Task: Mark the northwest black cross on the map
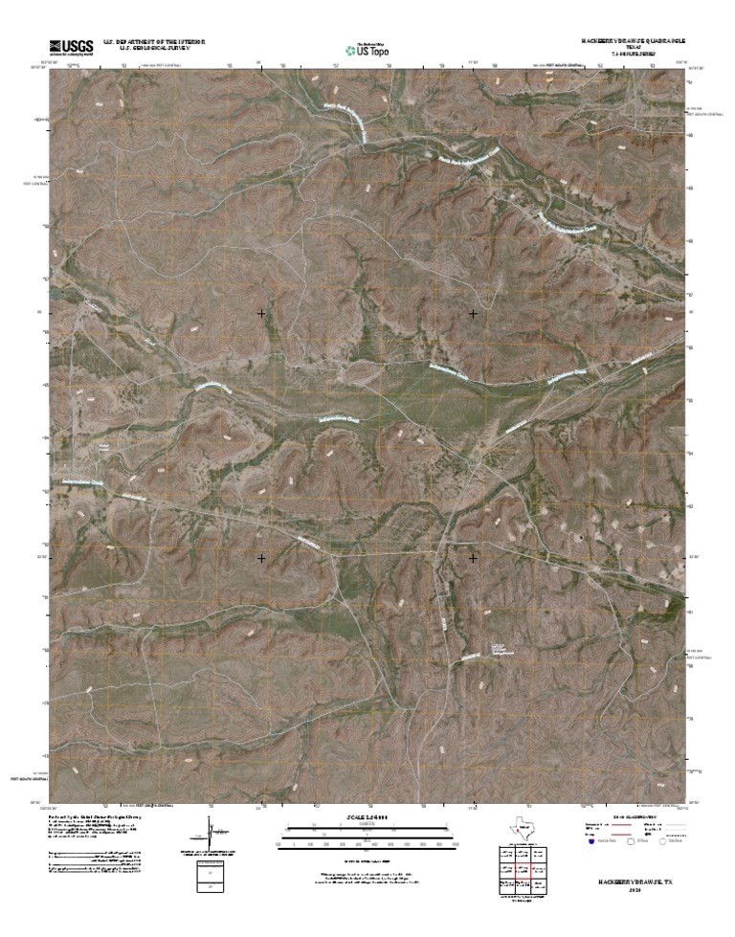click(261, 313)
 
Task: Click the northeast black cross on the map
click(473, 313)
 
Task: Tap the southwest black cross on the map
click(261, 556)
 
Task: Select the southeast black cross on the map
click(473, 556)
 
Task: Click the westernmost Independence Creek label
click(84, 483)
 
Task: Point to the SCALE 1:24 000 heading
click(367, 816)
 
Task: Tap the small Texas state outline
click(523, 829)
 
